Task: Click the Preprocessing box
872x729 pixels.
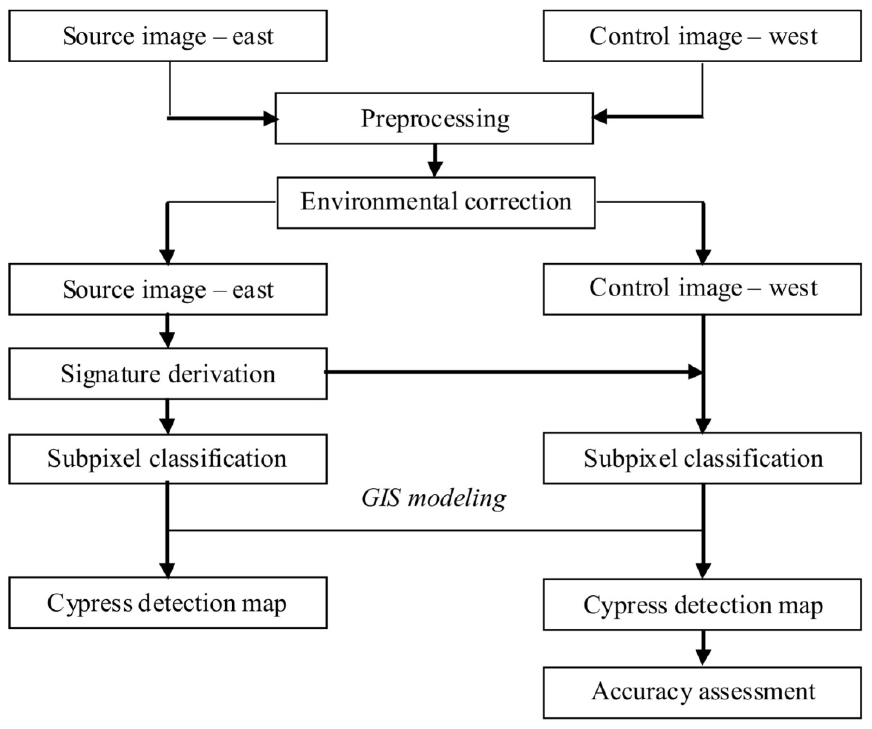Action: tap(434, 118)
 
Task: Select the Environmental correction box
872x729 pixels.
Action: tap(436, 203)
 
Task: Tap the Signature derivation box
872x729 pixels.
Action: tap(168, 374)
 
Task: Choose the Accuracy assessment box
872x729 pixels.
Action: tap(702, 693)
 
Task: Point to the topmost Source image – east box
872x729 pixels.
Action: tap(168, 36)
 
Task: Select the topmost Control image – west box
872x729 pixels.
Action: tap(702, 36)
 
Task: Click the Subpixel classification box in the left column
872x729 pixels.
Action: tap(168, 459)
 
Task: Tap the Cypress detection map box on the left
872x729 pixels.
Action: tap(168, 603)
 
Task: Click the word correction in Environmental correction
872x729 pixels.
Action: tap(518, 202)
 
